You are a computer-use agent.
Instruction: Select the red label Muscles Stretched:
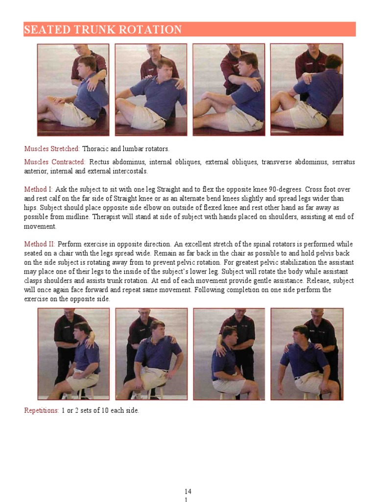coord(52,149)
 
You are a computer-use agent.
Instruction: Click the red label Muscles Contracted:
coord(55,162)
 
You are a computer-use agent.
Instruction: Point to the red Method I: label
coord(39,189)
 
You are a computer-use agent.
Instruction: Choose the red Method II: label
coord(40,244)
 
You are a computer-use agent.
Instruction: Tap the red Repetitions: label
coord(42,411)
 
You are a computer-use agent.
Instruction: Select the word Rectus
coord(100,162)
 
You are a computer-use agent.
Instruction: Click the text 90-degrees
coord(283,189)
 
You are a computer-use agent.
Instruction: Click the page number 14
coord(188,491)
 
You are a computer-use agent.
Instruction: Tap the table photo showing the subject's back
coord(307,90)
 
